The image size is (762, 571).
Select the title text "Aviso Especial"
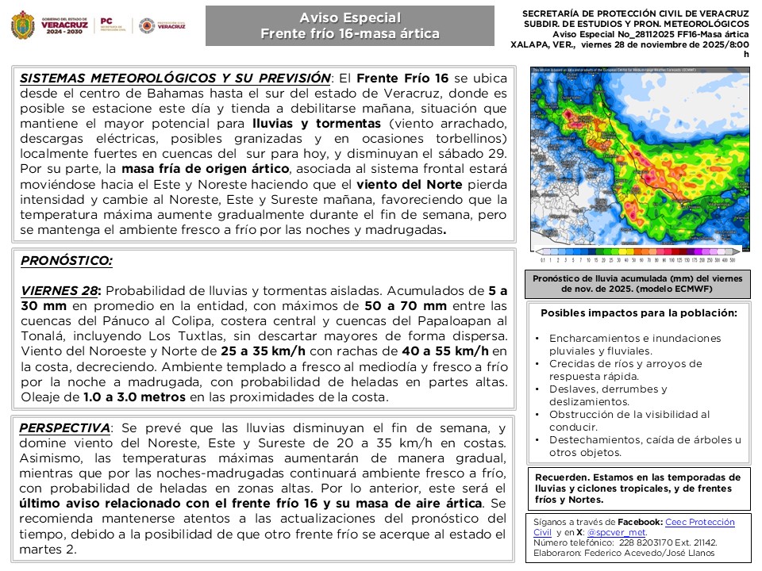point(349,18)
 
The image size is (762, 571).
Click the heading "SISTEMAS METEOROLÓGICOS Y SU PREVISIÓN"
point(175,79)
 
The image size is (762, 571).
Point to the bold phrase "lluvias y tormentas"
point(316,125)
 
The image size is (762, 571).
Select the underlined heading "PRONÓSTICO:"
point(67,260)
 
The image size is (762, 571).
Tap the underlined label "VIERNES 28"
point(60,291)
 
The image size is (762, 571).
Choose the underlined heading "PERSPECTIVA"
point(64,428)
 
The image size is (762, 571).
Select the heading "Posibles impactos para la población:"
point(639,313)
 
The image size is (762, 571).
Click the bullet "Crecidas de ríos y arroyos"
point(625,364)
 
